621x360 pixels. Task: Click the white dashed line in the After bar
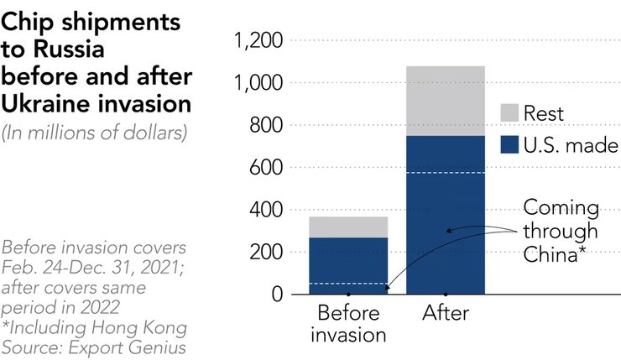click(445, 173)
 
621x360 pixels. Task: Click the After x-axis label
click(445, 314)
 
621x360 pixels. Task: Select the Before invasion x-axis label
click(347, 324)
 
